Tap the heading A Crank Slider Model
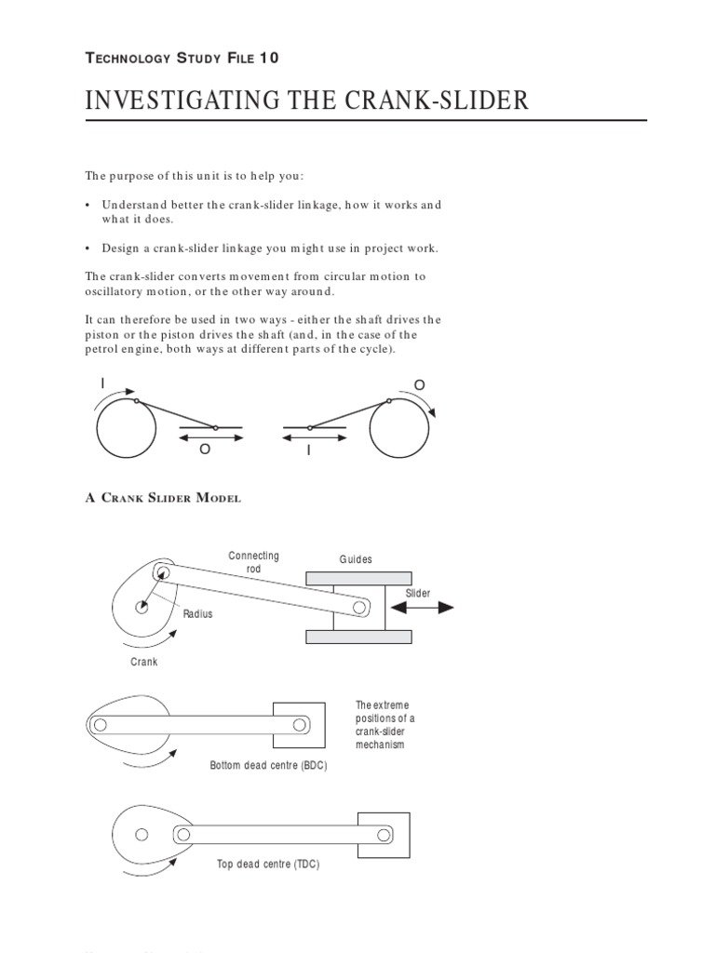[163, 498]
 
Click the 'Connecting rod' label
[253, 562]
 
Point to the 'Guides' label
[356, 559]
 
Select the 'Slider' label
[417, 593]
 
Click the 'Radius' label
[197, 614]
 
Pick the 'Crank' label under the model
[143, 662]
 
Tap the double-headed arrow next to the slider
[422, 608]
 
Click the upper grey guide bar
[358, 579]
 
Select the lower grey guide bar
[358, 637]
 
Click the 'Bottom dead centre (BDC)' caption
[270, 764]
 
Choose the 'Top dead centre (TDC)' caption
[267, 865]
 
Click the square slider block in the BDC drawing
[299, 723]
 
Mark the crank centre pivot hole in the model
[142, 608]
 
